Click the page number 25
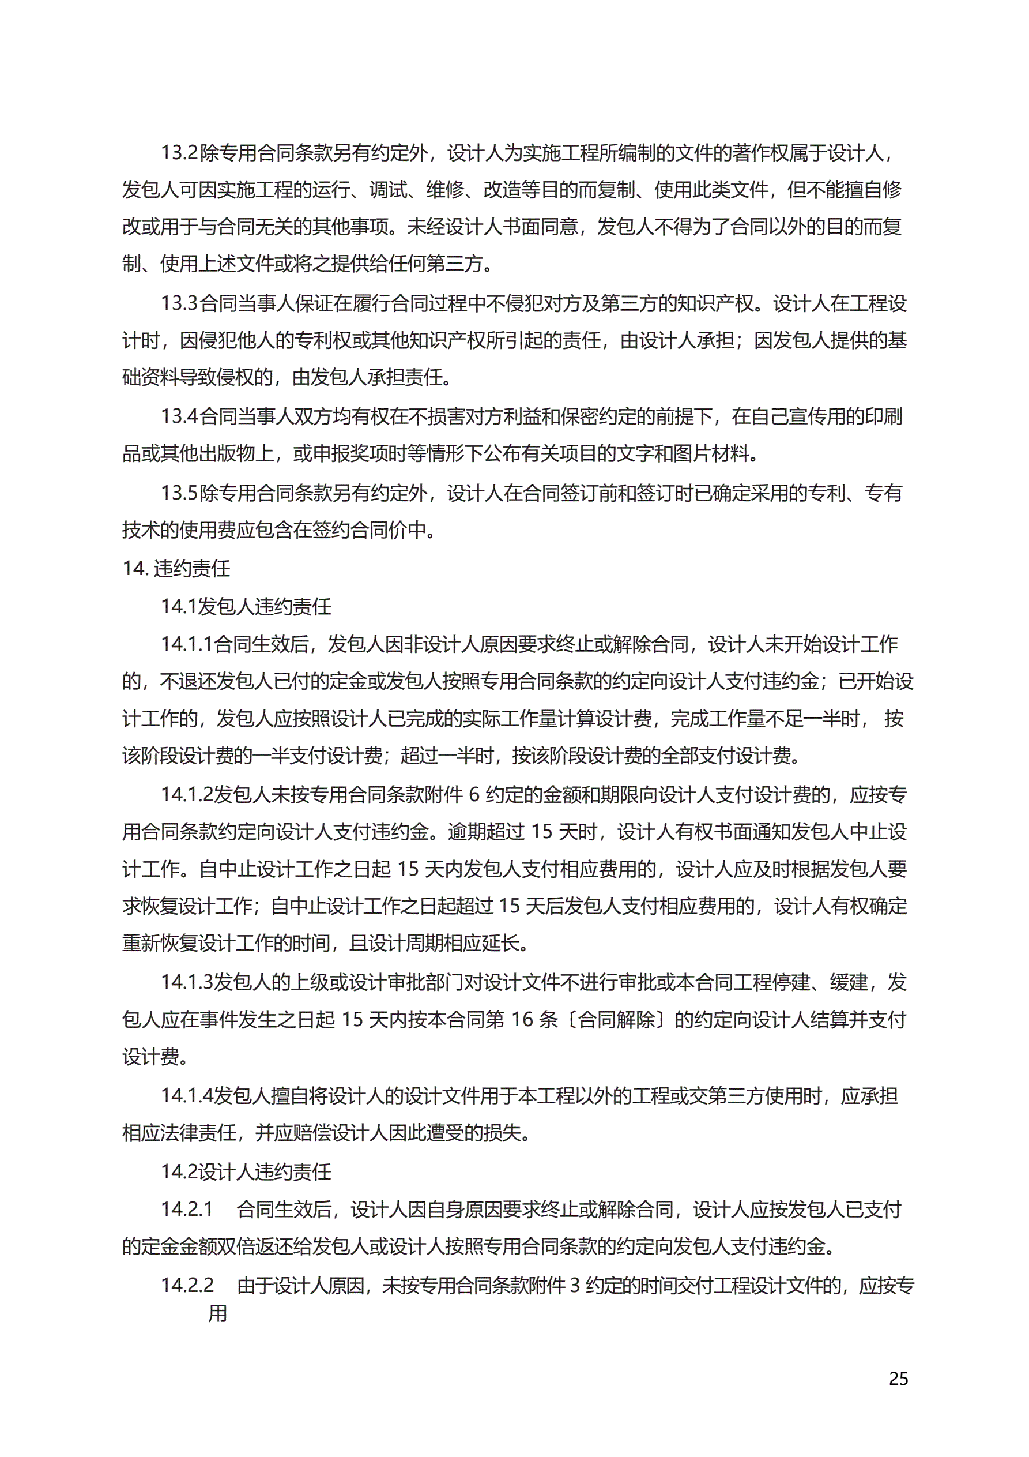click(x=898, y=1379)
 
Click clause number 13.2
click(x=179, y=153)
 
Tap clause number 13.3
click(x=179, y=303)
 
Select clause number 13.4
click(x=179, y=416)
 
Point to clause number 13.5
click(x=179, y=493)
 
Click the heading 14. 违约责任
click(x=176, y=568)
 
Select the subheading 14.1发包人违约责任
click(x=246, y=606)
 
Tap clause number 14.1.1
click(x=187, y=644)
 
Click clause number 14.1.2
click(x=187, y=794)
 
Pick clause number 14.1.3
click(x=187, y=982)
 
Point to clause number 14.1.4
click(x=187, y=1095)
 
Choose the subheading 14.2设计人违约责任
click(x=246, y=1171)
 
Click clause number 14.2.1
click(x=187, y=1209)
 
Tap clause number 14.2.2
click(x=187, y=1285)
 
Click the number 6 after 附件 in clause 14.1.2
click(x=474, y=794)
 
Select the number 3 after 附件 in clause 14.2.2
click(x=575, y=1285)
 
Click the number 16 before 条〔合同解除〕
click(x=522, y=1020)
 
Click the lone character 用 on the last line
click(x=217, y=1313)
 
